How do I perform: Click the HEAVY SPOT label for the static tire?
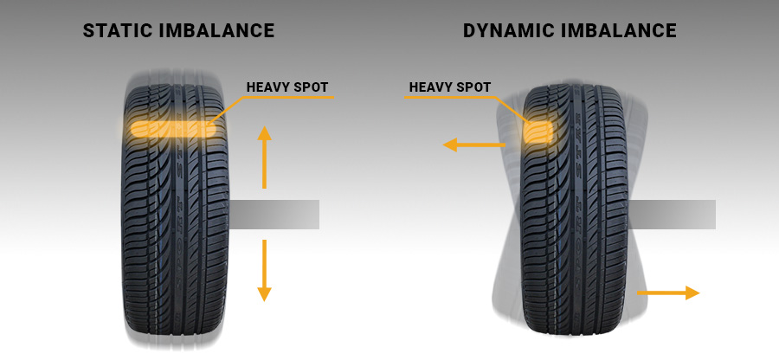coord(287,87)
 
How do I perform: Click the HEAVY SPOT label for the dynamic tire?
coord(449,87)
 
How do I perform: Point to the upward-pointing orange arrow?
coord(264,157)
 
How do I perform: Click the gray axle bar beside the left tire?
coord(275,215)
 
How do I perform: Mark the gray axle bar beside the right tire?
coord(673,215)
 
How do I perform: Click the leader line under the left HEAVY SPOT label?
coord(286,98)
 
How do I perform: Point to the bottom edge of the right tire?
coord(567,350)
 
